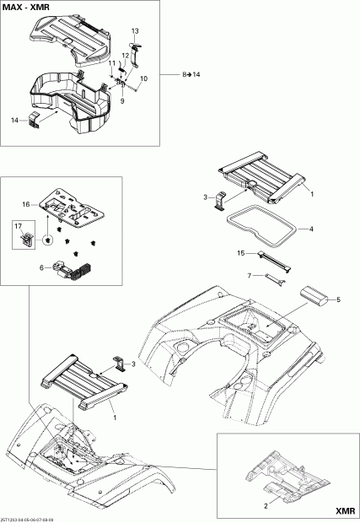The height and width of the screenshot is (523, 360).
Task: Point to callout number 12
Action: coord(125,56)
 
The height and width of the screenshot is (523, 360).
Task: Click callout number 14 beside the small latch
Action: coord(14,121)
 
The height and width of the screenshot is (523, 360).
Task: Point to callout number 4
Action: coord(311,229)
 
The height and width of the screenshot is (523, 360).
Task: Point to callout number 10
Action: coord(143,78)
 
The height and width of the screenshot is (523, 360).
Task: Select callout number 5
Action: coord(340,299)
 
